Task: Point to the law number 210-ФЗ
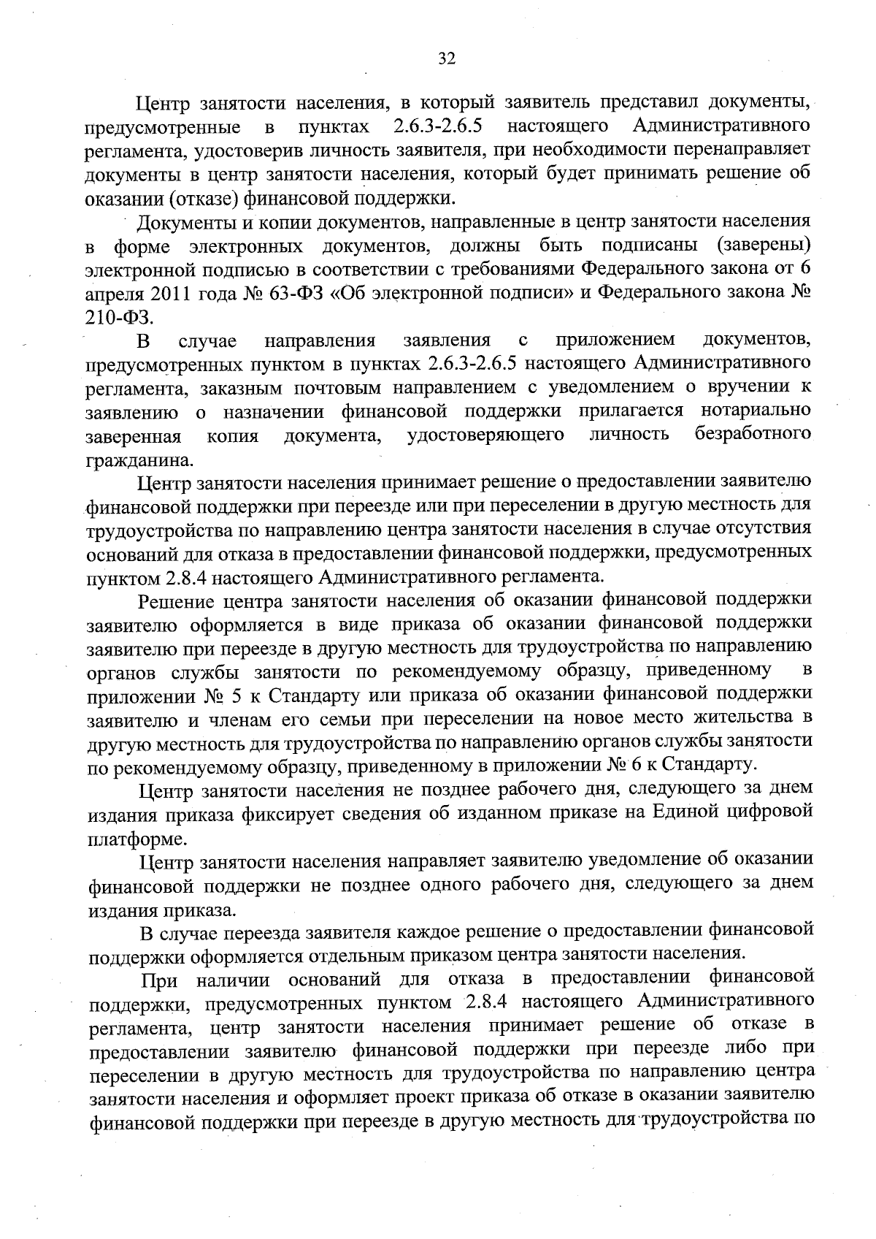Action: pyautogui.click(x=120, y=317)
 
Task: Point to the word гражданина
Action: pyautogui.click(x=130, y=460)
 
